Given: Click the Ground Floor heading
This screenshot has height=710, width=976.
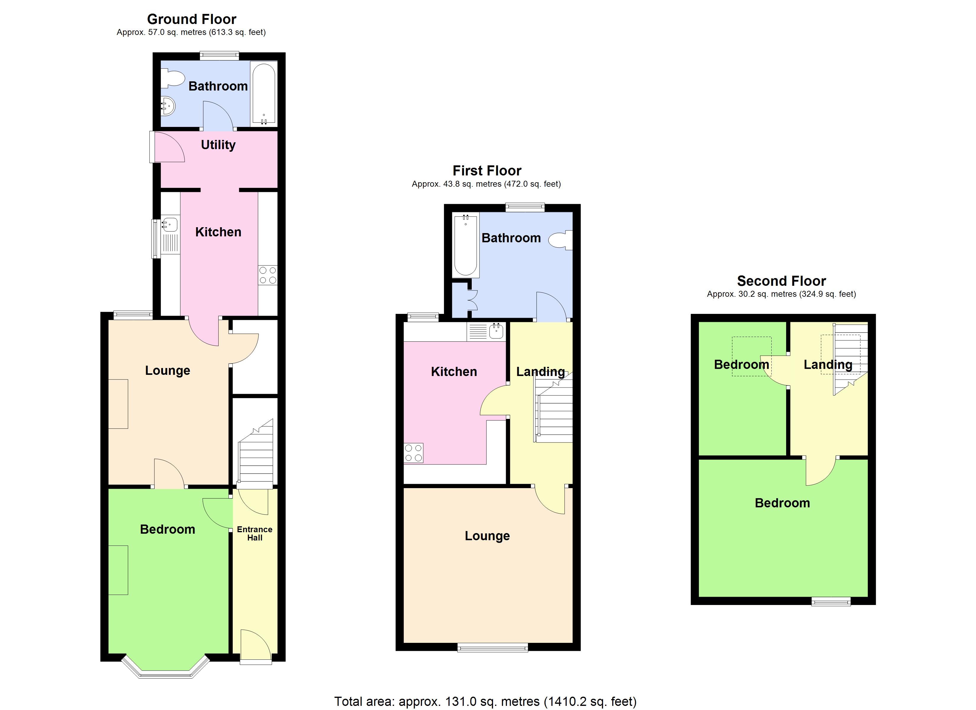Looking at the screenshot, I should [x=191, y=19].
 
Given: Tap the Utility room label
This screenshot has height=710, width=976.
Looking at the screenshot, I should [x=218, y=145].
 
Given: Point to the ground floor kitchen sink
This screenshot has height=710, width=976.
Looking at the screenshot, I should [x=170, y=225].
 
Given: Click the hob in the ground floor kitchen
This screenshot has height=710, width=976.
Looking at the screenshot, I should [x=268, y=275].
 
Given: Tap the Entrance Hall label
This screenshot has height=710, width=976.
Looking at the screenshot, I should [x=255, y=533].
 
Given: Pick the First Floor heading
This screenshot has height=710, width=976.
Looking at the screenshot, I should [x=487, y=171].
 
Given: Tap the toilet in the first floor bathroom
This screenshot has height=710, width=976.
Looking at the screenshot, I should [x=561, y=240].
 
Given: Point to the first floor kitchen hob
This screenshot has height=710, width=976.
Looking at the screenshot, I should [x=413, y=453].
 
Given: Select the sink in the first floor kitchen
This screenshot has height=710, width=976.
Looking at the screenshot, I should [x=496, y=332].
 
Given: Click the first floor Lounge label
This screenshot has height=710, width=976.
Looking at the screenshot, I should [x=487, y=536].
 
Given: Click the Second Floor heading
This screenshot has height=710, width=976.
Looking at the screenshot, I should [x=781, y=281].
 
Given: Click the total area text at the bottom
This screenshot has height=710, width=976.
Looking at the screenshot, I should [x=485, y=701].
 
